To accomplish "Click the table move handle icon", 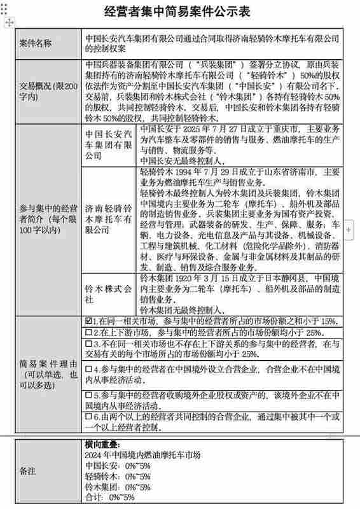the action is [6, 22].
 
